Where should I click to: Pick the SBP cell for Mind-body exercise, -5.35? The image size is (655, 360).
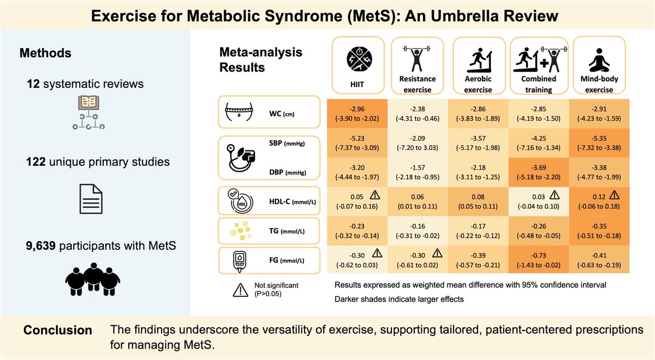(599, 143)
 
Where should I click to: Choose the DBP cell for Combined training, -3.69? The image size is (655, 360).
(538, 174)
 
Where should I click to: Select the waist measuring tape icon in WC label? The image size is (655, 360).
(240, 113)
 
